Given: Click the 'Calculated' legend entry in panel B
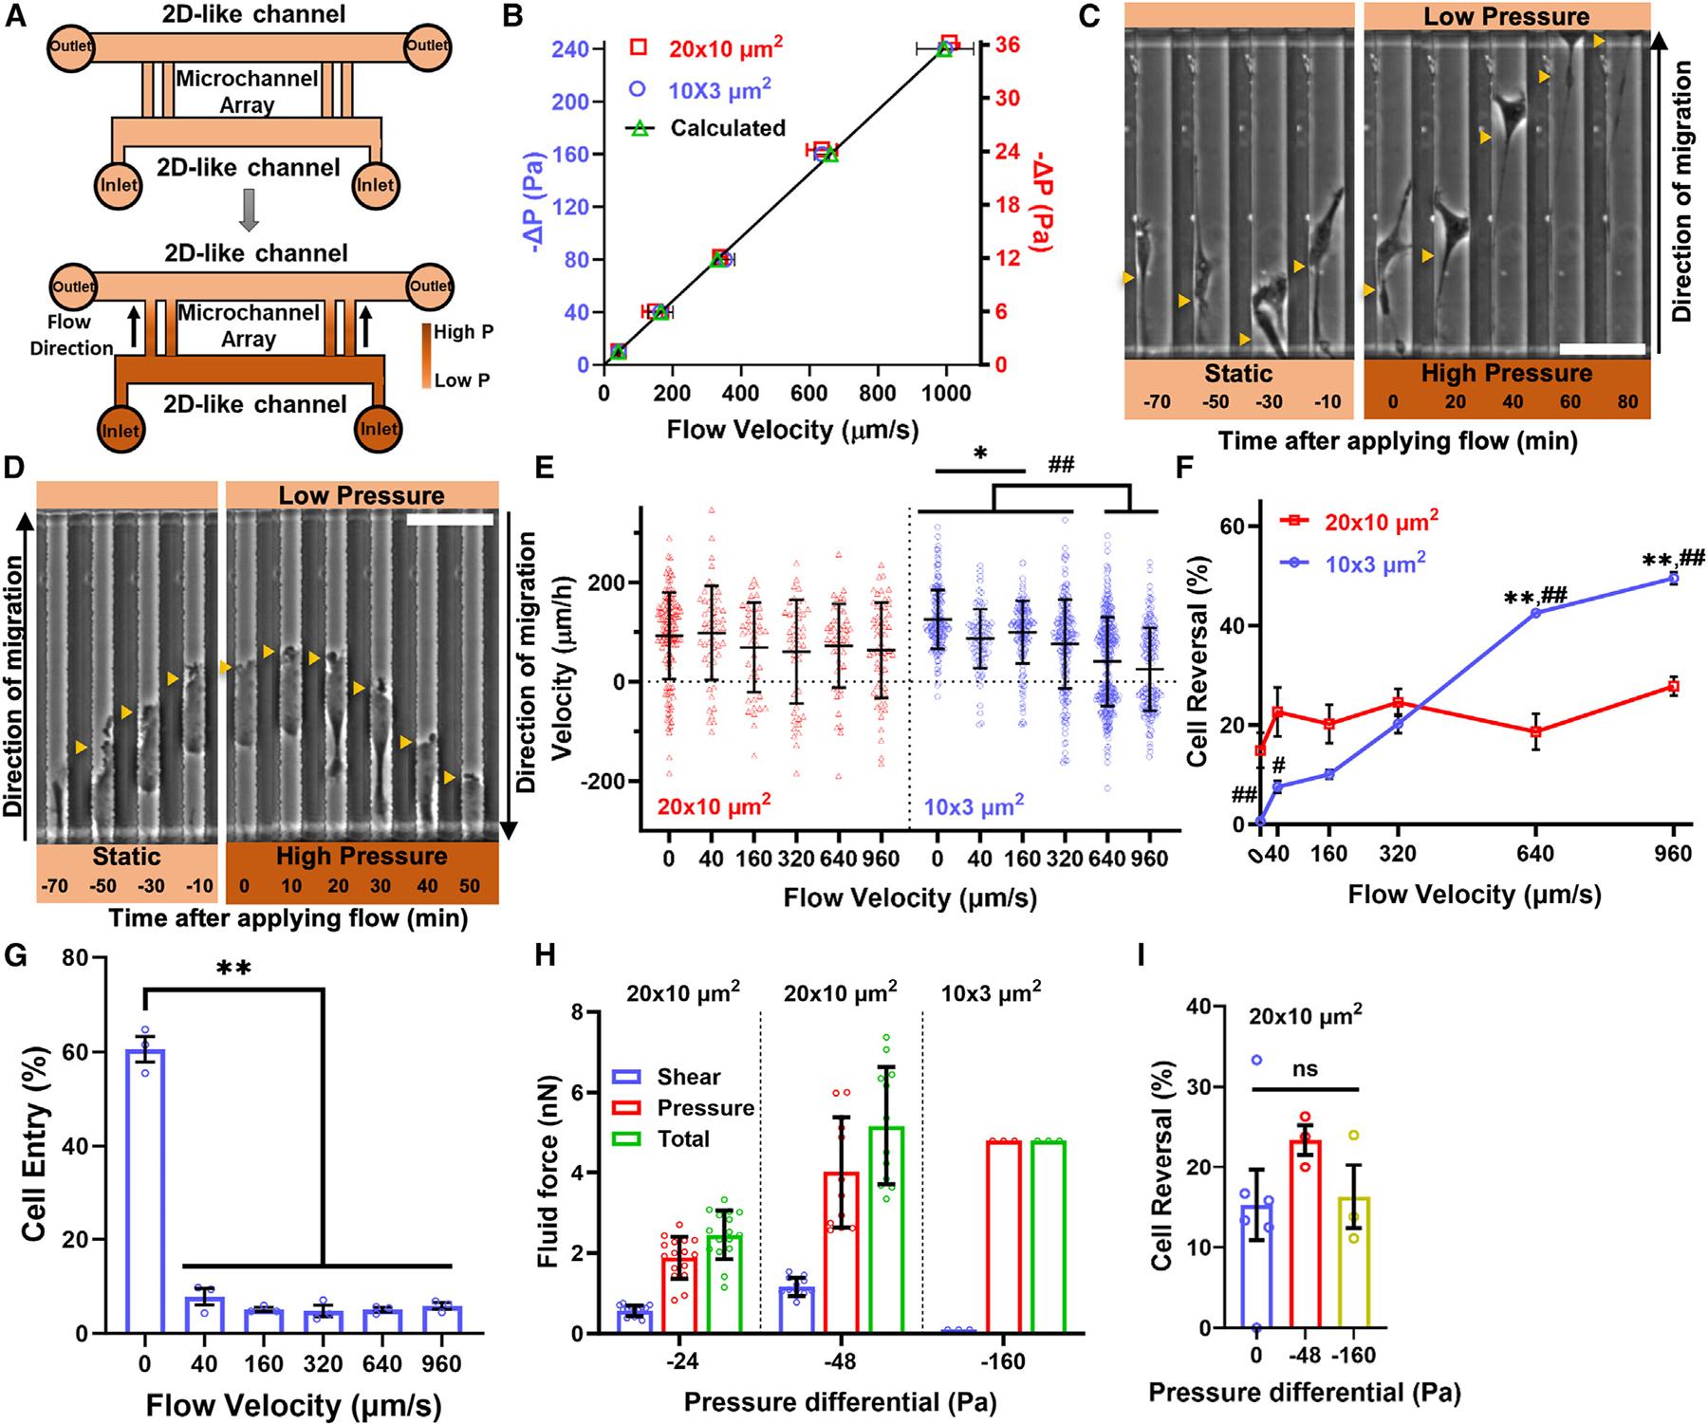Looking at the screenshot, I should tap(727, 127).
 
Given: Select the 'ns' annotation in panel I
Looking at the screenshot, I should tap(1307, 1069).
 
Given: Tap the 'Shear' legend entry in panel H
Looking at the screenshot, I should tap(688, 1077).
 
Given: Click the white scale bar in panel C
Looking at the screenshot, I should tap(1602, 348).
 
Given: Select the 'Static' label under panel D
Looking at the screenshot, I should tap(126, 857).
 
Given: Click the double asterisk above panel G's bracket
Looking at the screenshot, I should tap(233, 969).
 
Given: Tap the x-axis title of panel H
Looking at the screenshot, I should tap(840, 1401).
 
